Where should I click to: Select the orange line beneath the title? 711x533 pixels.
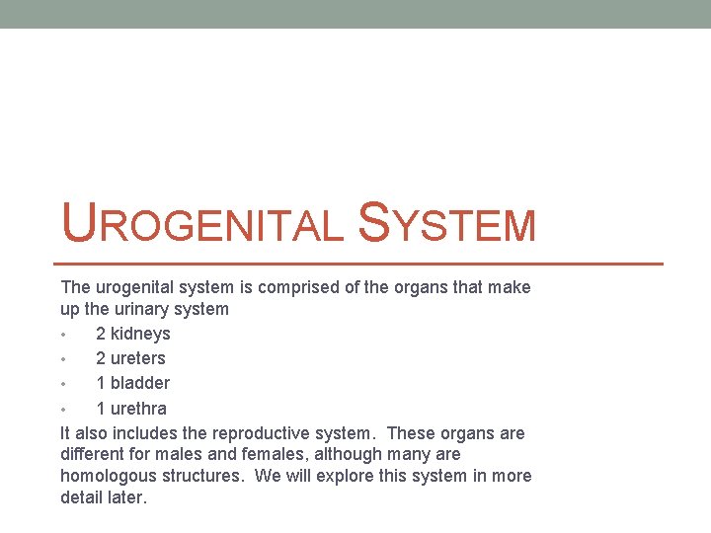(x=356, y=264)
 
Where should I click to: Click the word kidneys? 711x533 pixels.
(x=140, y=334)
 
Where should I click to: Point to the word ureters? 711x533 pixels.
(x=138, y=358)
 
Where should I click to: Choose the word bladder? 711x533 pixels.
(x=139, y=383)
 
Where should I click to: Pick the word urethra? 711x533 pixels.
(x=138, y=409)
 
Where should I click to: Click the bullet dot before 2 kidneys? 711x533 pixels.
(x=64, y=335)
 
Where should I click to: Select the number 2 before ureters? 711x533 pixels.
(x=101, y=358)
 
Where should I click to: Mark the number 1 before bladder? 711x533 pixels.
(x=101, y=383)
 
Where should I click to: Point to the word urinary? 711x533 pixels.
(x=148, y=309)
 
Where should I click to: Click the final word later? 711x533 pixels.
(x=126, y=497)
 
